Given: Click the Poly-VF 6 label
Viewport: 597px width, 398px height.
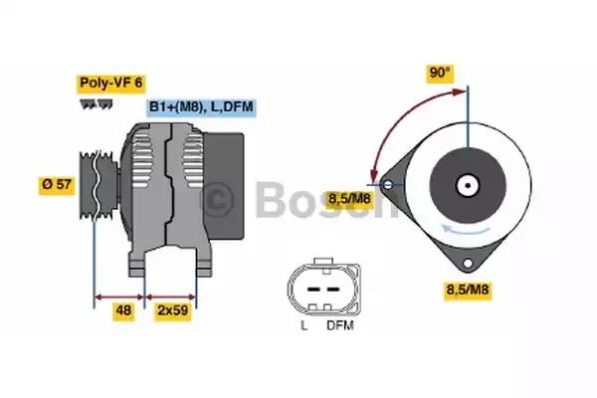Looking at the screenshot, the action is click(x=110, y=83).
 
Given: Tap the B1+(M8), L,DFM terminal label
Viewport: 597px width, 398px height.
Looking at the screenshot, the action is click(x=201, y=106).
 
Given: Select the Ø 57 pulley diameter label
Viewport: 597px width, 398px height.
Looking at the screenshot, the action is click(x=57, y=185).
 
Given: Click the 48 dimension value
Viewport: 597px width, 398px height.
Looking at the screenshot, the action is click(x=123, y=310).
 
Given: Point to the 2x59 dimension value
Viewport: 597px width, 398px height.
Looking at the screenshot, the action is click(x=173, y=310).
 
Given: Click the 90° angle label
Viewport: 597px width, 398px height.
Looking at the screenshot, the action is click(x=440, y=73).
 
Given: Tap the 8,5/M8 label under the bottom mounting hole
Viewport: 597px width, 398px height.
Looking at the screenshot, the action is click(x=468, y=290).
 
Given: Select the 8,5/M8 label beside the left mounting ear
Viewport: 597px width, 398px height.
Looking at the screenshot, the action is click(x=349, y=199).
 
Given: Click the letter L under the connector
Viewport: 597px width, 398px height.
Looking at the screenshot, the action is click(x=303, y=325).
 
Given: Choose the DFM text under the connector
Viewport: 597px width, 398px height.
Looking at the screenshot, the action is click(x=340, y=325).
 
